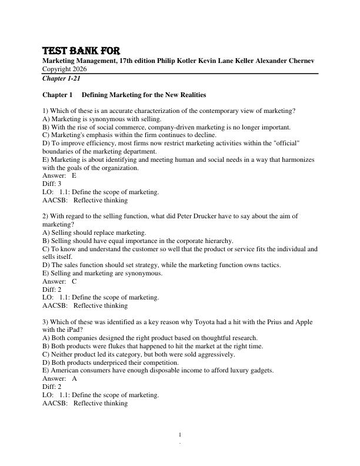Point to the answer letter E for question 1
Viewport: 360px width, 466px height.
(x=74, y=175)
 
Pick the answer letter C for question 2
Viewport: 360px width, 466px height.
(x=74, y=281)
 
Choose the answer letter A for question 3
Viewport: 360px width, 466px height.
(x=74, y=379)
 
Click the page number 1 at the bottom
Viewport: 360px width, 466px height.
(x=180, y=435)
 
